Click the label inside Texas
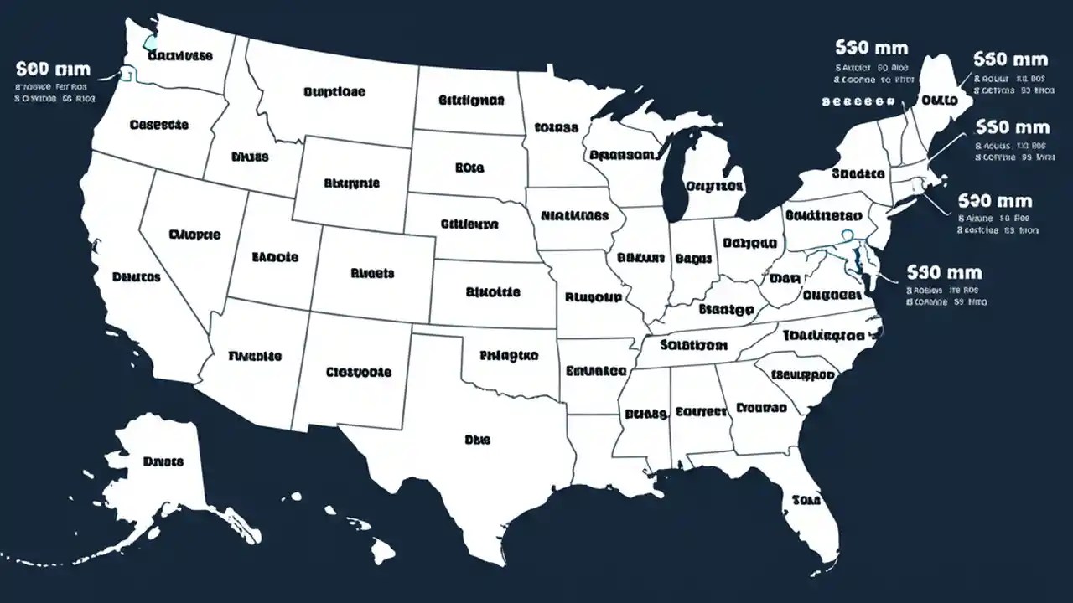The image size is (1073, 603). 477,439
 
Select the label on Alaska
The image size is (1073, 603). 163,461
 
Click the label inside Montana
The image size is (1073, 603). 334,92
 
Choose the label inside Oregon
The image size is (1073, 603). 159,125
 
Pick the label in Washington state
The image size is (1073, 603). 179,56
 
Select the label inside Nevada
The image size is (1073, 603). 194,234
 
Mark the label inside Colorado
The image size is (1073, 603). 372,273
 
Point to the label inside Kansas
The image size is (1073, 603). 492,292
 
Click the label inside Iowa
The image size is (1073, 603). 574,215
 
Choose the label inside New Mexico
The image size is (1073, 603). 358,371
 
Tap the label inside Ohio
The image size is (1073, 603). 749,244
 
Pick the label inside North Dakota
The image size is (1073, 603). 471,100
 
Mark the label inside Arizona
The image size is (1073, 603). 255,356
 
